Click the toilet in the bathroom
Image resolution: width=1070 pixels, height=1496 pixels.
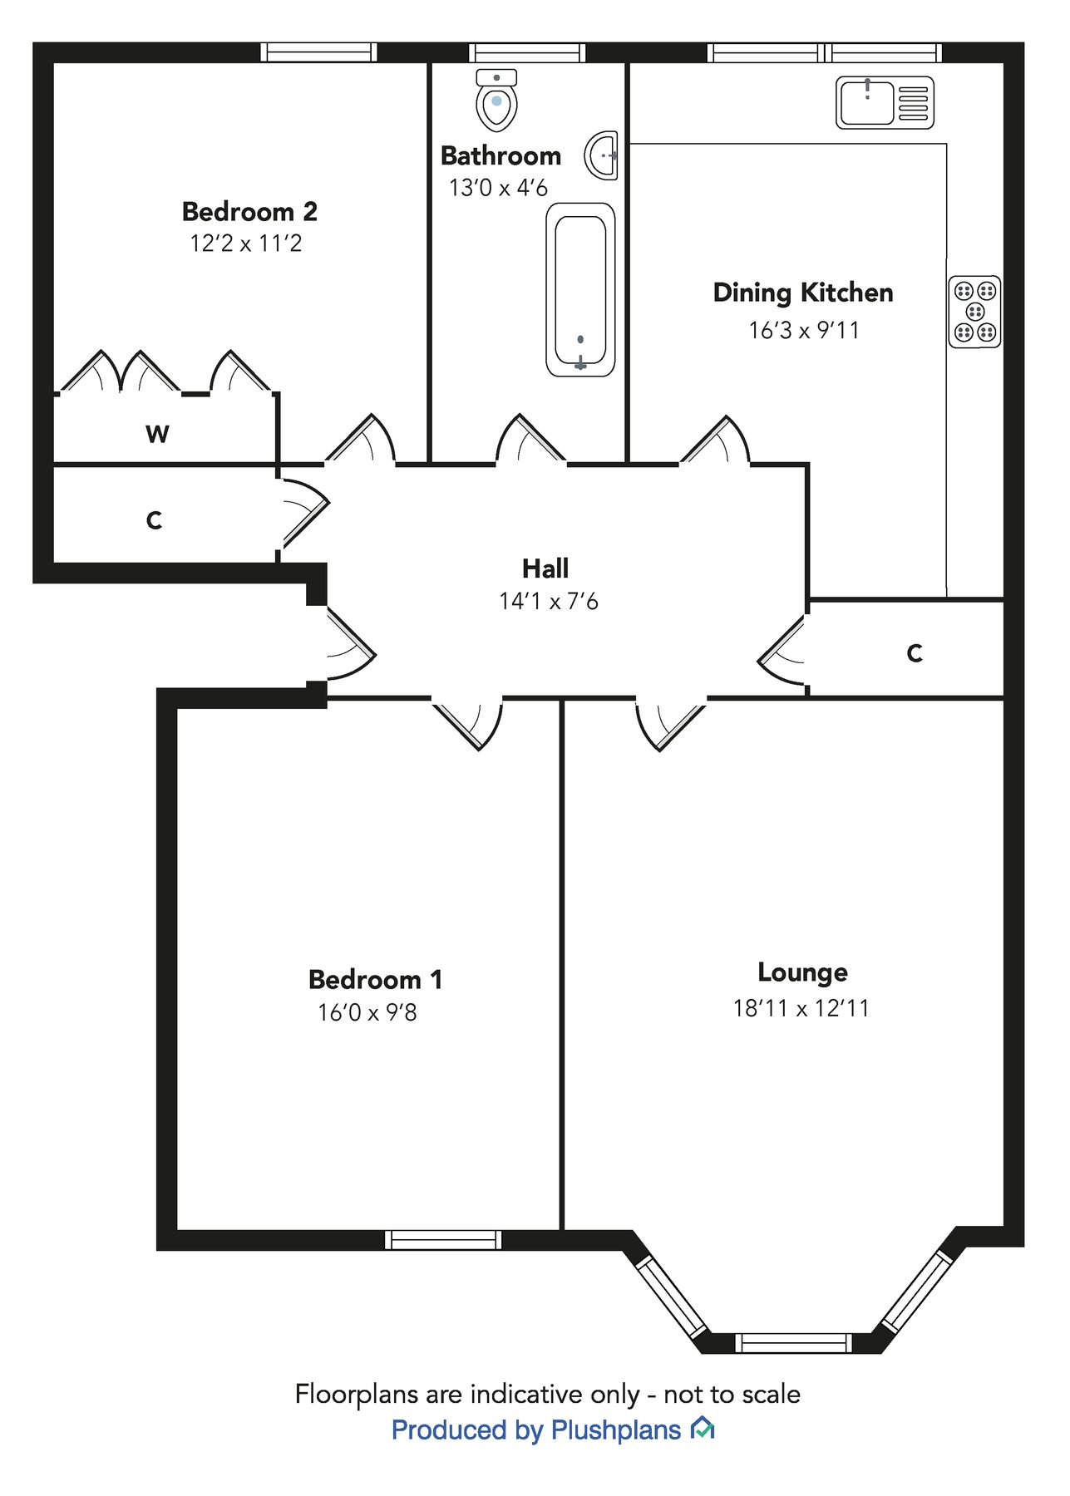tap(496, 101)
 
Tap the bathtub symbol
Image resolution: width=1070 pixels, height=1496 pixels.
tap(580, 289)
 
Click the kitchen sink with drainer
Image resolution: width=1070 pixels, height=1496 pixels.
tap(884, 102)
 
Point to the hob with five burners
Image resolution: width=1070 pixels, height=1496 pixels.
tap(974, 312)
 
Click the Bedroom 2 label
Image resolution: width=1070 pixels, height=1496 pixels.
tap(249, 212)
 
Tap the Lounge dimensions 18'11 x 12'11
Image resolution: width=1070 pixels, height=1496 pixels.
tap(801, 1008)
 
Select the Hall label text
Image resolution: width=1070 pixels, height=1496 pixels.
tap(545, 568)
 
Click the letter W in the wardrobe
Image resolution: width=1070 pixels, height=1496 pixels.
tap(157, 434)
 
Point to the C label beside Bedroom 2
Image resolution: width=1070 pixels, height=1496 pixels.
tap(154, 521)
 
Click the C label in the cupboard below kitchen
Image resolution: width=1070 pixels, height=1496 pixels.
tap(915, 653)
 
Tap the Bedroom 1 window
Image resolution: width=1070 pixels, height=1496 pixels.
tap(443, 1240)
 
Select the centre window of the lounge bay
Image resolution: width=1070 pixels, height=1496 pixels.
tap(793, 1342)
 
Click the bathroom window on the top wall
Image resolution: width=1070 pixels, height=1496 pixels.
tap(526, 53)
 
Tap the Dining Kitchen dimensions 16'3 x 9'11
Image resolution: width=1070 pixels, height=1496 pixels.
tap(803, 331)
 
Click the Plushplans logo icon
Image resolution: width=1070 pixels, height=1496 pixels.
tap(703, 1429)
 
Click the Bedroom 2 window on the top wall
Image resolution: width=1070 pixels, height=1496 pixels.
tap(318, 53)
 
